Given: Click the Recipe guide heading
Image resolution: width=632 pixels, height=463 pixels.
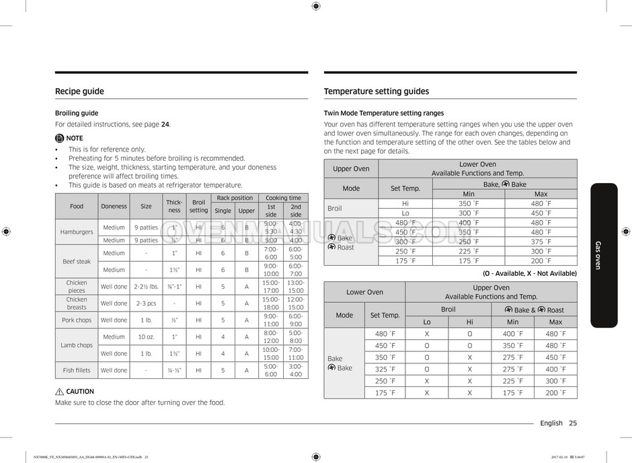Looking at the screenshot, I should coord(79,92).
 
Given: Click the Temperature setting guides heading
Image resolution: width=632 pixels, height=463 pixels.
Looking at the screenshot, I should coord(376,92).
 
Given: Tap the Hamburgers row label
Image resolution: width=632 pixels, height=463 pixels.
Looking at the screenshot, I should coord(77,231).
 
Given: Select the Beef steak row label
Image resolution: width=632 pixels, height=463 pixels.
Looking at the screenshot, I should coord(77,261).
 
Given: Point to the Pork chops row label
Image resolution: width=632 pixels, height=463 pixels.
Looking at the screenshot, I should coord(77,320).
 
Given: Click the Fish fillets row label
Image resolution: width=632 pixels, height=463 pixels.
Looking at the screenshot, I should coord(77,370).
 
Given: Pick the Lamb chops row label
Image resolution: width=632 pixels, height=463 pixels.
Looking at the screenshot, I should coord(77,345).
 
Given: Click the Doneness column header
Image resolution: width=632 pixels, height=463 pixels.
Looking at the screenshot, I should coord(114,206).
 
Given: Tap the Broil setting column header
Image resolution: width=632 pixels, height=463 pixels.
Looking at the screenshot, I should coord(198,206).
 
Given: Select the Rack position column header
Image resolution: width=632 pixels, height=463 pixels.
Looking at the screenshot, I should coord(235,198).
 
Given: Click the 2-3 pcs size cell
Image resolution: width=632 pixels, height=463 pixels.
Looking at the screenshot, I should coord(146,304).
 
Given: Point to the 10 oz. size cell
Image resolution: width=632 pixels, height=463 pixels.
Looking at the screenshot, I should coord(146,336).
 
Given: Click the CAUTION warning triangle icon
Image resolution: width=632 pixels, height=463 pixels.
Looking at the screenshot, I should coord(59,392).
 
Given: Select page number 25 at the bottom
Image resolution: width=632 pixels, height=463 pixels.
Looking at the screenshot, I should coord(572,423).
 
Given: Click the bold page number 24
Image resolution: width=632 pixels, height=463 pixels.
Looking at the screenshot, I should coord(165,124).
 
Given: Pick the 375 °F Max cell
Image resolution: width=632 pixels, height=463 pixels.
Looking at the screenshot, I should coord(541,242).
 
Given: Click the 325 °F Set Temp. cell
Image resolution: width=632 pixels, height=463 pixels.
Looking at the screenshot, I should coord(385,369).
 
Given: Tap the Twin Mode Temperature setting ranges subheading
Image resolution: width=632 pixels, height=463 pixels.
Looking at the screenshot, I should coord(384,113).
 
